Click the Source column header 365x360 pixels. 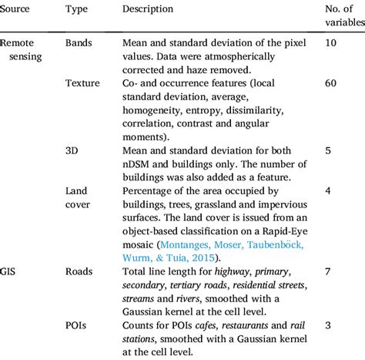pos(18,8)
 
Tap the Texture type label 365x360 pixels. pos(83,82)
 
